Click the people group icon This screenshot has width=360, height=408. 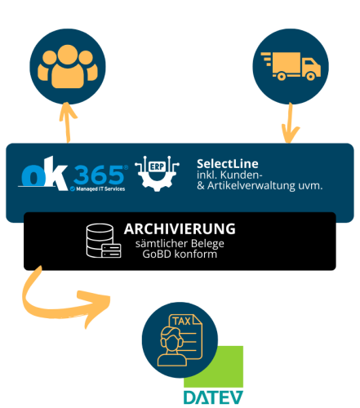click(x=68, y=67)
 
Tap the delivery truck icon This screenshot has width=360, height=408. click(x=291, y=66)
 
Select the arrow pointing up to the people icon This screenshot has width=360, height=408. click(x=68, y=122)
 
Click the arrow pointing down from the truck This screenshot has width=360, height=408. click(x=290, y=123)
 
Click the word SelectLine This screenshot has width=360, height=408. click(x=228, y=164)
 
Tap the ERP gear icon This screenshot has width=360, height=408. click(x=157, y=173)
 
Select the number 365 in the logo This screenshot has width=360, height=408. click(x=99, y=175)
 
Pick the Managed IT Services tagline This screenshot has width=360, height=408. click(x=100, y=188)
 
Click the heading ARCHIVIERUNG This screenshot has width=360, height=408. click(x=180, y=228)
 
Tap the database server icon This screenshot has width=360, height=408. click(x=104, y=241)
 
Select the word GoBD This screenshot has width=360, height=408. click(x=157, y=254)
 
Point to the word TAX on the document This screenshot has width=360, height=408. click(x=181, y=322)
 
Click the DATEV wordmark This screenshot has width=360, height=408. click(x=213, y=397)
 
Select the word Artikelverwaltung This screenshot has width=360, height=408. click(x=251, y=185)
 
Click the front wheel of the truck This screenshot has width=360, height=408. click(x=310, y=76)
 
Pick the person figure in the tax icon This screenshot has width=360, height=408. click(x=172, y=346)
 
